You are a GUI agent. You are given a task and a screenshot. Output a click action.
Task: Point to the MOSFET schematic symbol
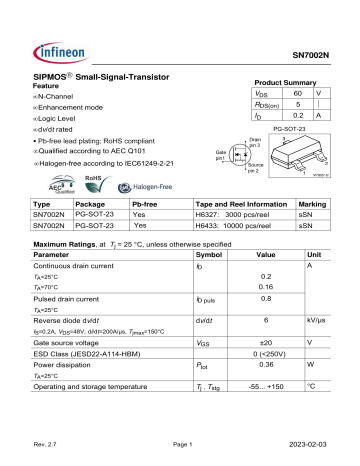[242, 152]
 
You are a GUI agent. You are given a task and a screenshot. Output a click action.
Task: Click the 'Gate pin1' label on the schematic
[221, 155]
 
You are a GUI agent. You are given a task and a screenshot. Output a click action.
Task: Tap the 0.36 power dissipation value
[267, 363]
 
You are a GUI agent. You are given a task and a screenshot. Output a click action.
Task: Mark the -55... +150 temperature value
[265, 387]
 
